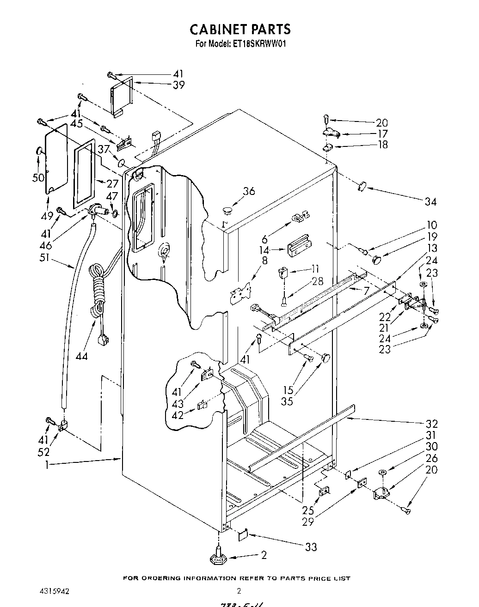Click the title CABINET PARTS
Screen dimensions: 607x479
(x=240, y=29)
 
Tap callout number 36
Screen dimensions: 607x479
(x=249, y=191)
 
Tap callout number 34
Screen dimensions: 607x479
(x=430, y=201)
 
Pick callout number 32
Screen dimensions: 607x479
(x=431, y=424)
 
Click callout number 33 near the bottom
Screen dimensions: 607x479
(x=311, y=547)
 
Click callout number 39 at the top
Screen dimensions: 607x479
(x=178, y=85)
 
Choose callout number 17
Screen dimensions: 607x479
(x=382, y=134)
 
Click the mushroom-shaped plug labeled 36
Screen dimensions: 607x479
(x=227, y=211)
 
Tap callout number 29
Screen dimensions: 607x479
(x=308, y=522)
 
